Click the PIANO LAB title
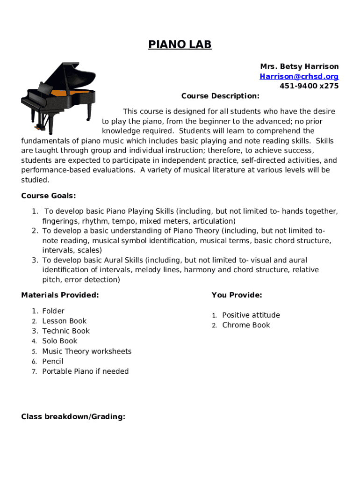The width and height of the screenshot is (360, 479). click(x=180, y=44)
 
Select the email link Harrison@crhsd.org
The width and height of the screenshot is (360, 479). click(x=299, y=76)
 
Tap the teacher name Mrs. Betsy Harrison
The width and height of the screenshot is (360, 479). click(x=299, y=66)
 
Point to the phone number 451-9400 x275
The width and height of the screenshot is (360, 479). click(x=309, y=86)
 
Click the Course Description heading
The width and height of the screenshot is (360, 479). click(x=220, y=96)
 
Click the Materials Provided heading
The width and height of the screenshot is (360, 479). click(x=60, y=295)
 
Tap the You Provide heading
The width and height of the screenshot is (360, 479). click(x=237, y=295)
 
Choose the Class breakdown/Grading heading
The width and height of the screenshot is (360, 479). click(x=73, y=416)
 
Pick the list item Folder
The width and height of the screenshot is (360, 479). click(x=53, y=311)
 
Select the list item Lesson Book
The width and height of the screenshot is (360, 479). click(x=65, y=321)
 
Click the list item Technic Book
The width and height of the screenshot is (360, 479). click(x=66, y=331)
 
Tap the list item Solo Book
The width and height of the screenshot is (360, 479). click(x=60, y=341)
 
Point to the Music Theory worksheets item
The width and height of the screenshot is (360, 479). click(x=87, y=351)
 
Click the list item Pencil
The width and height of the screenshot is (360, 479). click(x=53, y=361)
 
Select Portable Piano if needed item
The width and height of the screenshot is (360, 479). click(x=86, y=371)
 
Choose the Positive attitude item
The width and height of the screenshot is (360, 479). click(x=251, y=315)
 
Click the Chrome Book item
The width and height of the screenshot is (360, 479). click(x=246, y=325)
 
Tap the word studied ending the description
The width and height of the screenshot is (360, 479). click(x=35, y=180)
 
